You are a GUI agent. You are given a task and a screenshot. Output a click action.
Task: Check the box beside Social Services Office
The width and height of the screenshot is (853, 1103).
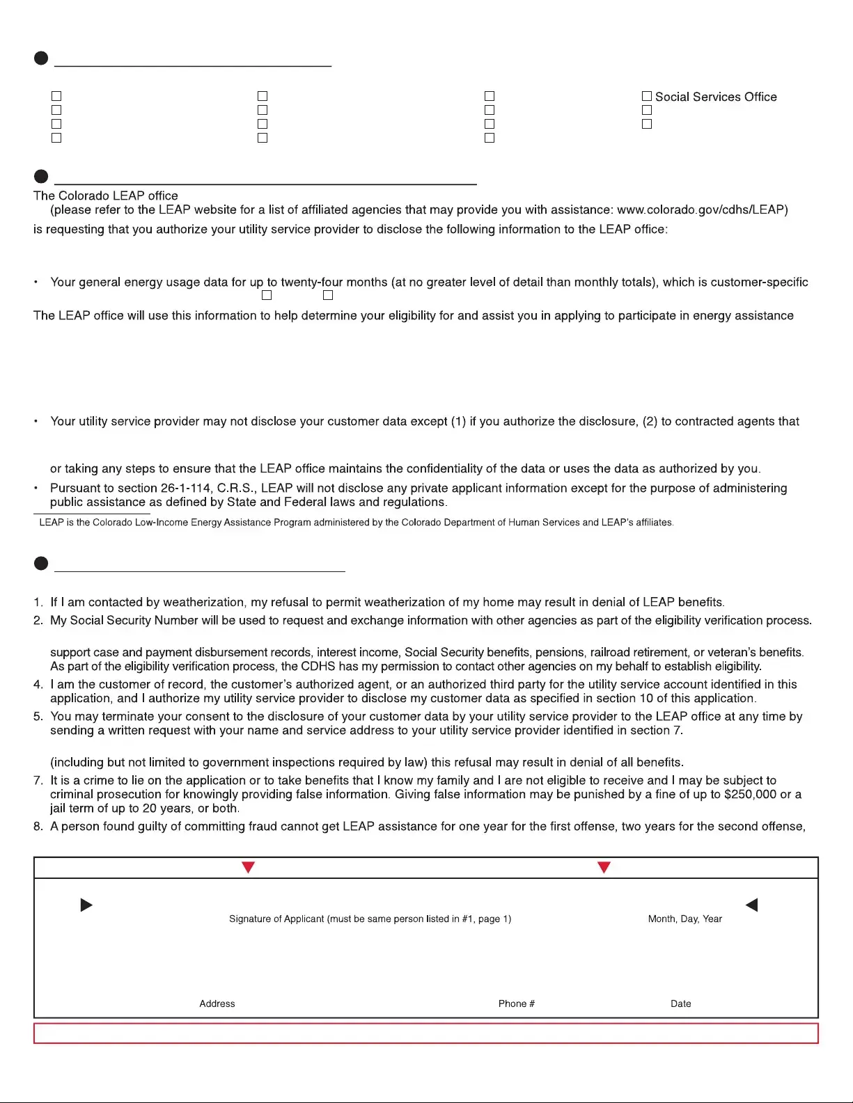pos(647,96)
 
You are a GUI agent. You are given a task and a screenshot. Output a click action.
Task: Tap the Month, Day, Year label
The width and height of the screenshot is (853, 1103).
pos(684,919)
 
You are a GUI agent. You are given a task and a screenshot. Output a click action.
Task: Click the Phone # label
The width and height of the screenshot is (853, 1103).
pos(516,1003)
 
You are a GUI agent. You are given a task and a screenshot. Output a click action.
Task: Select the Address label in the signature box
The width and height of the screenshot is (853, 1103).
pos(217,1003)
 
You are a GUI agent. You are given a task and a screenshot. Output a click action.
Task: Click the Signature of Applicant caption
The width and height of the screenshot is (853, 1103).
pos(370,919)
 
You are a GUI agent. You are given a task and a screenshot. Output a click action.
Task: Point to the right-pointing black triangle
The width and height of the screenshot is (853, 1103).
pos(86,905)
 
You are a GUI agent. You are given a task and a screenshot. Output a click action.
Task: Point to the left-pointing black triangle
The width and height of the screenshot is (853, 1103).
pos(751,905)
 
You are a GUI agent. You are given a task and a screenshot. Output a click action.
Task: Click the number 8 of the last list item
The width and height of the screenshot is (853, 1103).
pos(38,826)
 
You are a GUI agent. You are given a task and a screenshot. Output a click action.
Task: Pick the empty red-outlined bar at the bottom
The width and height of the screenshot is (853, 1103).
pos(425,1033)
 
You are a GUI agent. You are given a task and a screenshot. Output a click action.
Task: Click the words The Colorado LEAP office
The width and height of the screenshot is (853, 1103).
pos(105,196)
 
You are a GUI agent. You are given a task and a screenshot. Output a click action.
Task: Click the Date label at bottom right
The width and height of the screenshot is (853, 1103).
pos(680,1003)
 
